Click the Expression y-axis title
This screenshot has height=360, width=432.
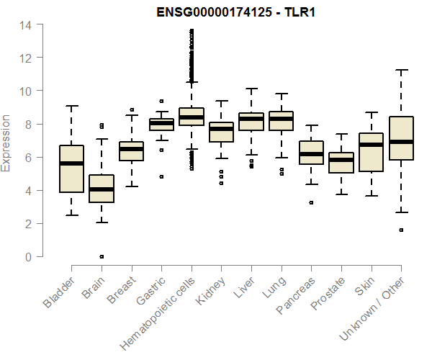7,143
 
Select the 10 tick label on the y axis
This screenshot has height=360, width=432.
26,91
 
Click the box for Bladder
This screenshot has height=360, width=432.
71,169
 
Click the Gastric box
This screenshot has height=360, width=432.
161,125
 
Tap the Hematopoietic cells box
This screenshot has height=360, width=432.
192,116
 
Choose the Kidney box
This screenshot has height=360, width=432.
222,132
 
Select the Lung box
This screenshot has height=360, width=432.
282,121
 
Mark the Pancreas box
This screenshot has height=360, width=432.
312,153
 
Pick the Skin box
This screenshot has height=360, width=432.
372,153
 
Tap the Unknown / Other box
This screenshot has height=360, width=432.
402,138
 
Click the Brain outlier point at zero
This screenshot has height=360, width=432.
102,256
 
